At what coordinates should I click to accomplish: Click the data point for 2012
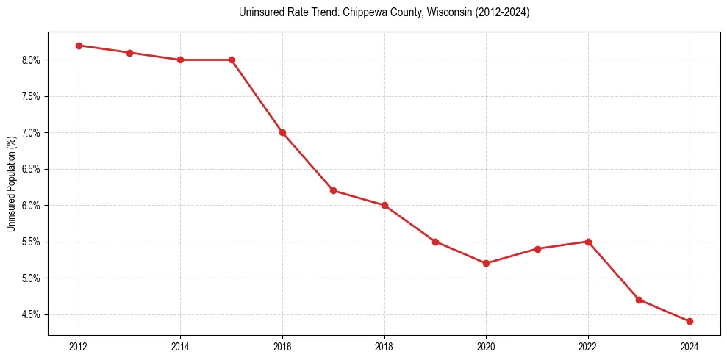(79, 46)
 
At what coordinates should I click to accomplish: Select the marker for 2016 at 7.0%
(282, 132)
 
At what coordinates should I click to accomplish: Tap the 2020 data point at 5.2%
(486, 263)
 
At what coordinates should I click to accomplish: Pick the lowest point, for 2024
(690, 321)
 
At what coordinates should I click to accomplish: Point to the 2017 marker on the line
(333, 190)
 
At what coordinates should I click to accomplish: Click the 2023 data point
(639, 300)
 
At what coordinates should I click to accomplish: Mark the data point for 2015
(232, 60)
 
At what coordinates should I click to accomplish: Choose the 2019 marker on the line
(435, 242)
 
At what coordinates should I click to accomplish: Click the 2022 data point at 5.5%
(588, 242)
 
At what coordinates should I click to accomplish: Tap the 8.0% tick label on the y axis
(33, 60)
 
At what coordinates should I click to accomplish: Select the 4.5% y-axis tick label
(33, 314)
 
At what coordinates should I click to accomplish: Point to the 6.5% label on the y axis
(33, 169)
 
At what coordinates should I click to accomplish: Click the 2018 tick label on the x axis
(384, 345)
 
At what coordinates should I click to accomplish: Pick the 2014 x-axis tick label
(181, 345)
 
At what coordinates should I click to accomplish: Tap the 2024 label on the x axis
(690, 345)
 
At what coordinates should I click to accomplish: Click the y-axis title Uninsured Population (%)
(11, 184)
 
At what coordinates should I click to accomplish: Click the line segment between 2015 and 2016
(257, 96)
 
